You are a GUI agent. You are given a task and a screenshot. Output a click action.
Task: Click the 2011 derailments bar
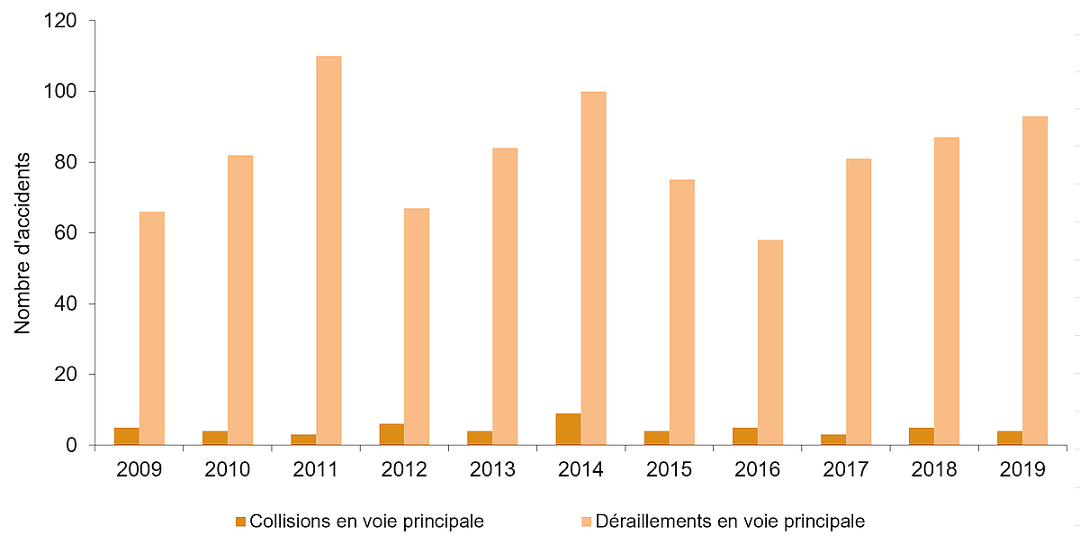click(x=328, y=250)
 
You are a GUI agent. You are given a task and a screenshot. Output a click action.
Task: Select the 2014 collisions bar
click(x=568, y=429)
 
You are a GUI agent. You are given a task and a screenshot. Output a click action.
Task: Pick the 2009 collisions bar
click(x=127, y=436)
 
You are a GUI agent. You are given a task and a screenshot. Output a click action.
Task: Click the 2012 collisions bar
click(x=391, y=434)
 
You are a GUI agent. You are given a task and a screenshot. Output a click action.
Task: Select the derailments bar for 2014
click(x=593, y=268)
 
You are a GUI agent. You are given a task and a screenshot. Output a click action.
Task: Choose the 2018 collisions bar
click(x=922, y=436)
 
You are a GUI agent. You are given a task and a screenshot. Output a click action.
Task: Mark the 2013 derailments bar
click(x=505, y=296)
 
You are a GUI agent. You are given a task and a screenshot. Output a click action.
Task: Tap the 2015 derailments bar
click(x=682, y=313)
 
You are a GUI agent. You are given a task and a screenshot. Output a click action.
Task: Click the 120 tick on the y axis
click(x=59, y=21)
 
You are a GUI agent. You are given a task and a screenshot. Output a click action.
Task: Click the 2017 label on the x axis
click(x=846, y=469)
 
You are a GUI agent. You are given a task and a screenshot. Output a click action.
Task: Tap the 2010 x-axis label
click(x=228, y=469)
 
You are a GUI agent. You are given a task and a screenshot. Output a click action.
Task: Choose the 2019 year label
click(x=1022, y=469)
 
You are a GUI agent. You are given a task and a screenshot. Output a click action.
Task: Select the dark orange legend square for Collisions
click(x=239, y=521)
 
